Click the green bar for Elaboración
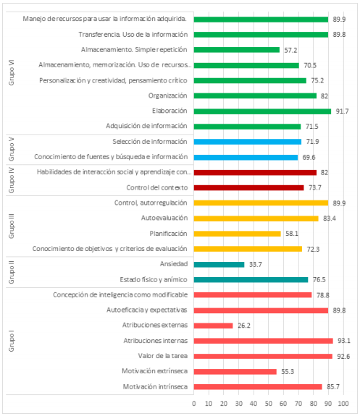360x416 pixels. point(262,111)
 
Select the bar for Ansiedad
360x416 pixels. point(219,264)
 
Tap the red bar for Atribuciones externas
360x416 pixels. point(213,326)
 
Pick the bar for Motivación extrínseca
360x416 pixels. point(235,371)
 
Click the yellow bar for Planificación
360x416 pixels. point(238,234)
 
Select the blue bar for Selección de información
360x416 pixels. point(248,142)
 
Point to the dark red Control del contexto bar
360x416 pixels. point(249,187)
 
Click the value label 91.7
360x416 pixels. point(341,111)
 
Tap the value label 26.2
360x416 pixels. point(243,326)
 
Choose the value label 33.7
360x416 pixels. point(255,264)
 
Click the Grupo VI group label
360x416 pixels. point(11,73)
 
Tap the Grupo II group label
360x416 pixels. point(11,272)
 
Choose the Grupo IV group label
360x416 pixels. point(11,180)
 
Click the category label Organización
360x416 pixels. point(167,95)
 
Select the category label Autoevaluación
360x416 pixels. point(164,218)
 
